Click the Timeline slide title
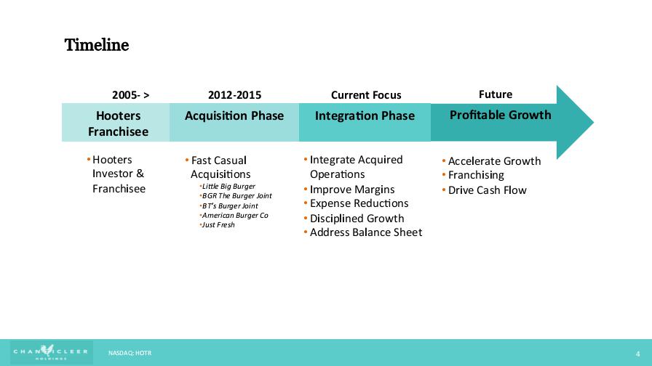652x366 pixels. pos(97,45)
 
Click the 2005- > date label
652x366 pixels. pos(130,95)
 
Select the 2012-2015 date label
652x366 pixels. pos(234,95)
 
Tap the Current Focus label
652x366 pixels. pos(366,95)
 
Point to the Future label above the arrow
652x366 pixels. pos(496,94)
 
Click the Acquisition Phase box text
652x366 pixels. pos(234,115)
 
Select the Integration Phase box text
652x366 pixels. pos(365,115)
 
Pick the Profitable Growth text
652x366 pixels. pos(500,115)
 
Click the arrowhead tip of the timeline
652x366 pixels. pos(593,122)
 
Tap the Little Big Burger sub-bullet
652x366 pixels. pos(228,187)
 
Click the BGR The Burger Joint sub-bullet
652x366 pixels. pos(236,196)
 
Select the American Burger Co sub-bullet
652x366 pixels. pos(234,216)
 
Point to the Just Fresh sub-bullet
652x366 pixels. pos(218,225)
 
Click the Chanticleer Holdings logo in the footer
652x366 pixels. pos(51,352)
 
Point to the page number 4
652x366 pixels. pos(638,354)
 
